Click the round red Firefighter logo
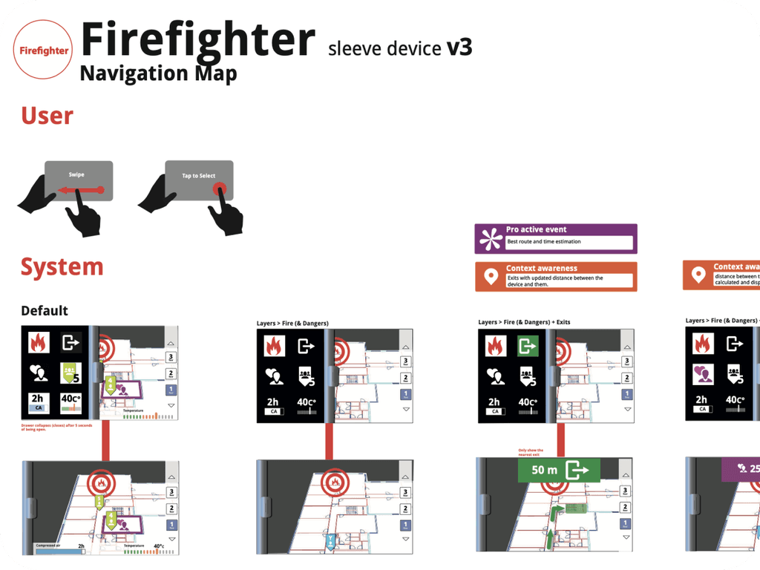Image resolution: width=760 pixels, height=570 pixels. [x=43, y=50]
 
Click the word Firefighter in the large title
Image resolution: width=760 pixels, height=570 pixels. [x=198, y=40]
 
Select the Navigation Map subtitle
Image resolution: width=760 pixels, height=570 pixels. [x=158, y=73]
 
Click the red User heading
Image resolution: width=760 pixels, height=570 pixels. [x=47, y=116]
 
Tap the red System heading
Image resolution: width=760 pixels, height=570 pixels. [x=62, y=267]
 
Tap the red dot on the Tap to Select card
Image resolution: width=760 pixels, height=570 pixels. [x=220, y=189]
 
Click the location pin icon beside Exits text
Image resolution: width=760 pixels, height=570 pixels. [x=489, y=277]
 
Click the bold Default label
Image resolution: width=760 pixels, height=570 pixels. [x=45, y=310]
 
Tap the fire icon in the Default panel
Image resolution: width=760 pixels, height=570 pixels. [x=39, y=343]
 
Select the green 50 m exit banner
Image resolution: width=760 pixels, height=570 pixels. [x=554, y=470]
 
